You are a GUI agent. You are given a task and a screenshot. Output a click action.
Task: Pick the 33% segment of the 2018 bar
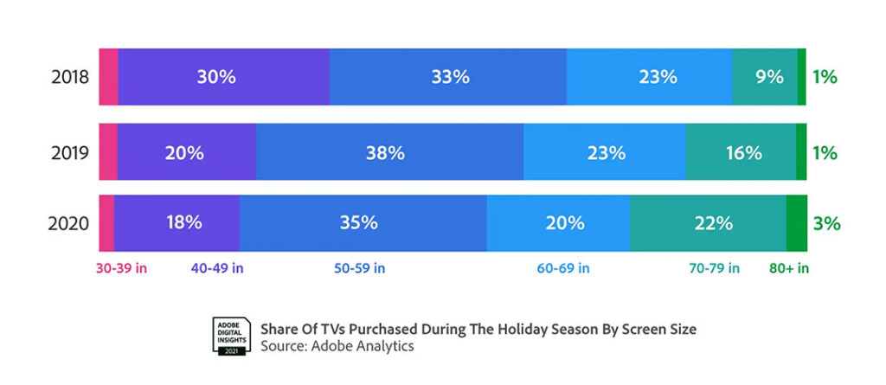(x=448, y=77)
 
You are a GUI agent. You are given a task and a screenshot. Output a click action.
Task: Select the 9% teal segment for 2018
(x=765, y=77)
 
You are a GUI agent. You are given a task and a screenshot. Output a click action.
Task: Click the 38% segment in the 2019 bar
(x=389, y=153)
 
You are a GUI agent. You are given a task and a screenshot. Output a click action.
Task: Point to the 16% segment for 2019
(x=741, y=153)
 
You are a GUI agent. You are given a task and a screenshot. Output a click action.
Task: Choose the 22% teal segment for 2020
(x=708, y=223)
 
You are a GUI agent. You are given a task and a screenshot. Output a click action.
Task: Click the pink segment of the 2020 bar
(x=106, y=223)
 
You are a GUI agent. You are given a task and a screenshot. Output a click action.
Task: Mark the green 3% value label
(x=826, y=223)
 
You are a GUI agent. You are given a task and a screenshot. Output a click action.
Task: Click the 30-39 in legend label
(x=121, y=268)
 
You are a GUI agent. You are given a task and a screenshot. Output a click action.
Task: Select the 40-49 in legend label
(x=217, y=268)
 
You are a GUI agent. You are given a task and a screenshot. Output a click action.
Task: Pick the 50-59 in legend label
(x=359, y=268)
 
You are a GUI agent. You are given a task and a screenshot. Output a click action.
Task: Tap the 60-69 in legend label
(x=563, y=268)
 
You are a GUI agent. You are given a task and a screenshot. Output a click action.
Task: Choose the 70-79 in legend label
(x=713, y=268)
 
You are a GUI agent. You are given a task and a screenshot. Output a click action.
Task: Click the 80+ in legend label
(x=789, y=268)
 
